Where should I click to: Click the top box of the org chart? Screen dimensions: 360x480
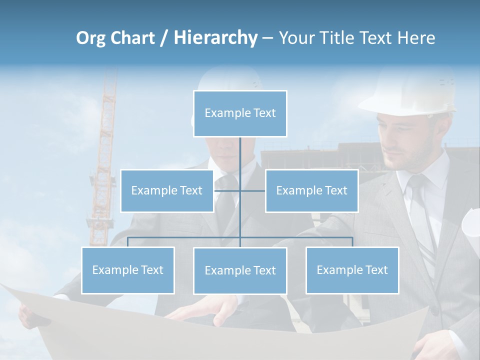pyautogui.click(x=240, y=113)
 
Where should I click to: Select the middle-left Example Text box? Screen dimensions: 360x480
pyautogui.click(x=167, y=190)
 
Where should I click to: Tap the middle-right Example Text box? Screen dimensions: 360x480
pyautogui.click(x=311, y=190)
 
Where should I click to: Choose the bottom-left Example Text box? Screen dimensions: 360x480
pyautogui.click(x=128, y=270)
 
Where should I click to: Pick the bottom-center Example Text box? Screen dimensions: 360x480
pyautogui.click(x=240, y=270)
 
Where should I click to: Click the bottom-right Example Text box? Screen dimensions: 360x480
pyautogui.click(x=352, y=270)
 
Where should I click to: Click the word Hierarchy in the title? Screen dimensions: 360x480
pyautogui.click(x=215, y=37)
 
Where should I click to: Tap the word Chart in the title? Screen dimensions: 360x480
pyautogui.click(x=131, y=37)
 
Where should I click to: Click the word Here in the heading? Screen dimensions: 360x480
pyautogui.click(x=416, y=37)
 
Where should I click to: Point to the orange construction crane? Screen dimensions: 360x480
pyautogui.click(x=104, y=150)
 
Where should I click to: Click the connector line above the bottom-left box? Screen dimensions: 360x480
pyautogui.click(x=128, y=242)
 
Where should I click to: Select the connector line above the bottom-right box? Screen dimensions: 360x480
pyautogui.click(x=352, y=242)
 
